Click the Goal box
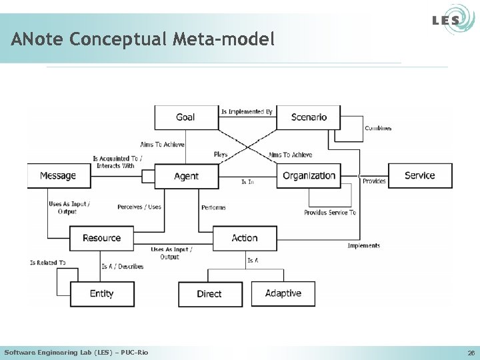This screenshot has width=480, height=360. coord(186,117)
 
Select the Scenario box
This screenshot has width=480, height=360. coord(309,117)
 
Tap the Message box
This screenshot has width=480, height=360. coord(58,176)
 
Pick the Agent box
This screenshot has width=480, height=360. coord(186,176)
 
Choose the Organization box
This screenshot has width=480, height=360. coord(309,176)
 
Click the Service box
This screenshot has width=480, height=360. coord(420,176)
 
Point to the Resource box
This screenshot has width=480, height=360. coord(101,238)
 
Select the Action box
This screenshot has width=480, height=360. coord(245,238)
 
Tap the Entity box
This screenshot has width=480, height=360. coord(101,293)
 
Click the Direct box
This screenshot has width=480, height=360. coord(209,294)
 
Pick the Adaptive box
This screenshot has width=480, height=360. coord(283,293)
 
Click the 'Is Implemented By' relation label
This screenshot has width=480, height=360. coord(247,112)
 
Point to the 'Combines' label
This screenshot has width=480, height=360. coord(378,128)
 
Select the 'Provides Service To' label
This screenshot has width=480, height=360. coord(330,213)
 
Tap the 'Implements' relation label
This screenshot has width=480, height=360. coord(364,245)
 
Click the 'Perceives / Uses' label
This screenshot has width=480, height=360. coord(139,207)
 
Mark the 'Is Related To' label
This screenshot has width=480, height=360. coord(47,263)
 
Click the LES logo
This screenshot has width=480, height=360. coord(446,20)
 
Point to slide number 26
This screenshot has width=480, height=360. coord(471,353)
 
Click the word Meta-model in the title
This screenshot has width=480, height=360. coord(223,40)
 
